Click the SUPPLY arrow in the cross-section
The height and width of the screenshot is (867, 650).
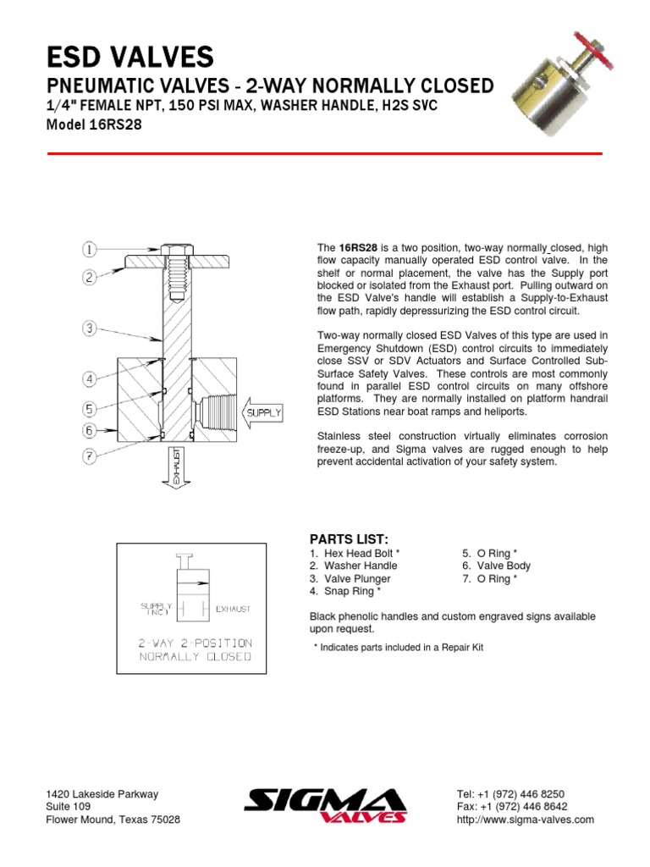[x=260, y=413]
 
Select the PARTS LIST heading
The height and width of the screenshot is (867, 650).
[x=349, y=538]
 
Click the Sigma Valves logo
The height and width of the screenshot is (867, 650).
[x=325, y=805]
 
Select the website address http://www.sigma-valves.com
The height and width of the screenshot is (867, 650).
[x=525, y=820]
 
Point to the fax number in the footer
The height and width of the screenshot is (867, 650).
[x=511, y=807]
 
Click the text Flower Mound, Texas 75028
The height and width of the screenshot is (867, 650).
[x=112, y=820]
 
